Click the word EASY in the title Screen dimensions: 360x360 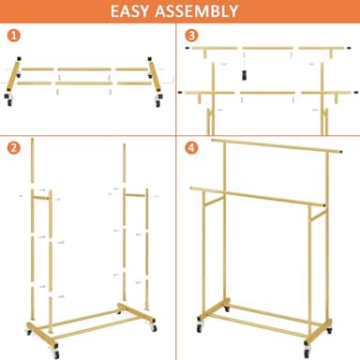pyautogui.click(x=137, y=12)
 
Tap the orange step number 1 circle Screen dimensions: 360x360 pyautogui.click(x=13, y=37)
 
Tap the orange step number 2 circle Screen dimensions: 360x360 pyautogui.click(x=13, y=147)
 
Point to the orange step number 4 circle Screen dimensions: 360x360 pyautogui.click(x=192, y=147)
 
